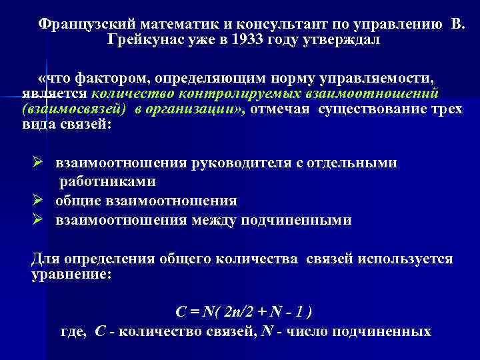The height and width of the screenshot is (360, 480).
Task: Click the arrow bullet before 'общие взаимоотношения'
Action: pos(38,201)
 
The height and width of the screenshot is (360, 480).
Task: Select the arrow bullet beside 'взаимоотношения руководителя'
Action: pos(38,163)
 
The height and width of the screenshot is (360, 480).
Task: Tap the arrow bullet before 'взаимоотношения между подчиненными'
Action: pos(38,219)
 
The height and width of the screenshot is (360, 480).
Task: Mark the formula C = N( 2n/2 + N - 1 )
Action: pos(243,312)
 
